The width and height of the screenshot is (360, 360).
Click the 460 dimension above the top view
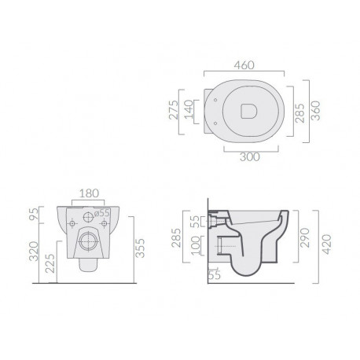[x=244, y=65]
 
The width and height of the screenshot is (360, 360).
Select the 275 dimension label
[x=174, y=110]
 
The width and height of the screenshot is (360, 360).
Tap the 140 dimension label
[x=188, y=109]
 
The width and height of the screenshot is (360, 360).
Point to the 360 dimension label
[x=316, y=111]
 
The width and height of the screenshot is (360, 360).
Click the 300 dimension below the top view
[x=250, y=156]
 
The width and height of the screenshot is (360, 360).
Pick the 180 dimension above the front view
[x=89, y=193]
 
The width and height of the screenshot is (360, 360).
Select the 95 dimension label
[x=34, y=214]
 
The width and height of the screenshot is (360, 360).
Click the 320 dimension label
[x=34, y=251]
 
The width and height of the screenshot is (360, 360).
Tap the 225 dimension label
[x=50, y=263]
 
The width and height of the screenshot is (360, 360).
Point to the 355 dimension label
[x=140, y=248]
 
